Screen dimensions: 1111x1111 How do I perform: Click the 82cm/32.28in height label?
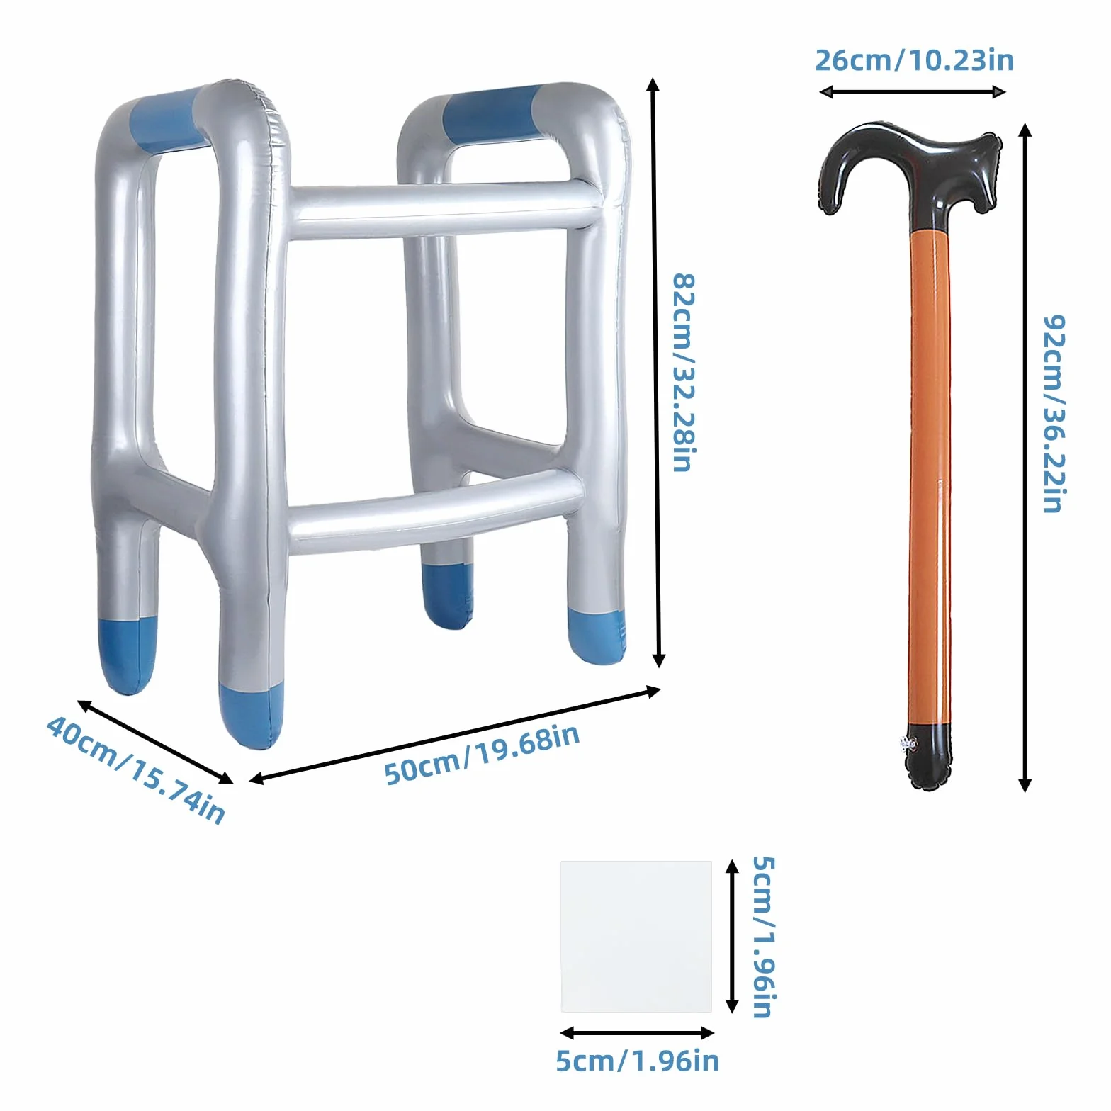click(684, 372)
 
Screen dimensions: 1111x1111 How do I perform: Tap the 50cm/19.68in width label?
click(482, 754)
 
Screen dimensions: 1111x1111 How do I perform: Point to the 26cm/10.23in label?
click(914, 60)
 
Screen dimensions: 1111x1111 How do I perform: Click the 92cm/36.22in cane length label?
click(1054, 414)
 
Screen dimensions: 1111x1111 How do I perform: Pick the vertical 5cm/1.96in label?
click(764, 937)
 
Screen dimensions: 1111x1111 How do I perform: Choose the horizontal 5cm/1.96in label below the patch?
click(637, 1061)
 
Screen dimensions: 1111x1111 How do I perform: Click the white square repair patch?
click(636, 936)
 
